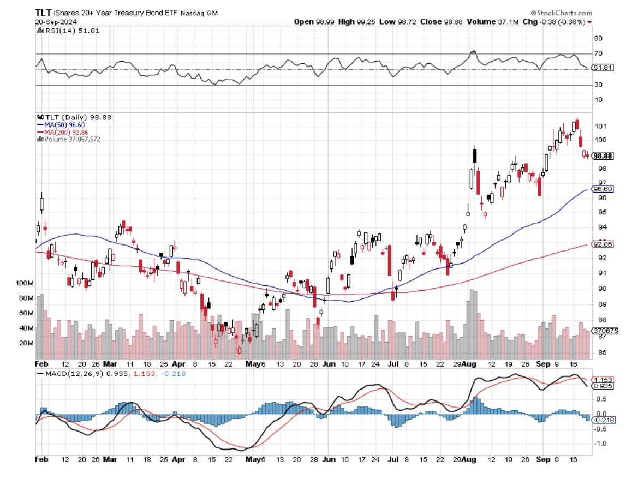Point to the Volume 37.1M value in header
(x=500, y=22)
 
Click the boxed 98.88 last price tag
(x=603, y=155)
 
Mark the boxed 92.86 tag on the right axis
(x=601, y=244)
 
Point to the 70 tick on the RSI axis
(x=598, y=53)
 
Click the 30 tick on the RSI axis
(x=598, y=85)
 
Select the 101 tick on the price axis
(x=599, y=126)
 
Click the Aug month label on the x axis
(x=469, y=363)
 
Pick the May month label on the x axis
(x=252, y=363)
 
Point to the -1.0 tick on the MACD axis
(x=599, y=443)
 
